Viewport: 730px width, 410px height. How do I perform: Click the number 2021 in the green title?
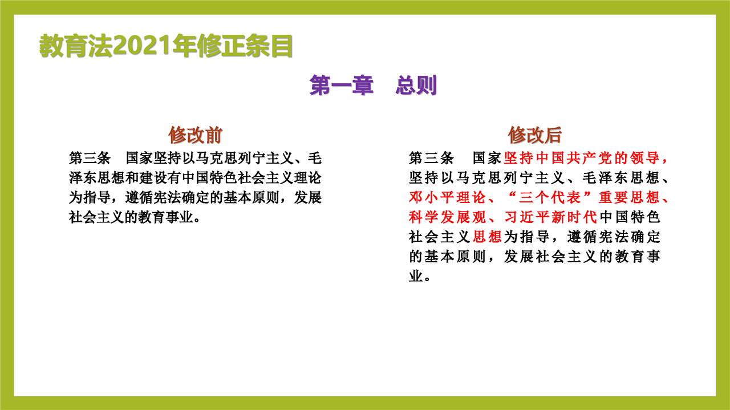[x=142, y=46]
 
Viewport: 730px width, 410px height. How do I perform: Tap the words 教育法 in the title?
[x=76, y=46]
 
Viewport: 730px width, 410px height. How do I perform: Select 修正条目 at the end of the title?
[x=245, y=46]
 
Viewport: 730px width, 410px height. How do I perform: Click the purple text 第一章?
[x=341, y=86]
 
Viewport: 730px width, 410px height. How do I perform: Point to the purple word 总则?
[x=416, y=86]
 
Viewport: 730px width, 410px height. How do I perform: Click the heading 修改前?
[x=195, y=135]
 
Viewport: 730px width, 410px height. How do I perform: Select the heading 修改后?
[x=535, y=135]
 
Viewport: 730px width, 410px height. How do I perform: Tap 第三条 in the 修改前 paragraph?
[x=90, y=158]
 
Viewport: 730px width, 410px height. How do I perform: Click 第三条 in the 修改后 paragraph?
[x=431, y=158]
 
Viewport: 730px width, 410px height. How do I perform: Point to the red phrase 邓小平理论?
[x=447, y=197]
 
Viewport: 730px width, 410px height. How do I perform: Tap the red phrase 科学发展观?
[x=447, y=217]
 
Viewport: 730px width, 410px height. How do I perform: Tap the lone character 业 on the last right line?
[x=416, y=277]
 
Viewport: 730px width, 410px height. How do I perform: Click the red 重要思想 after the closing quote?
[x=628, y=197]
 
